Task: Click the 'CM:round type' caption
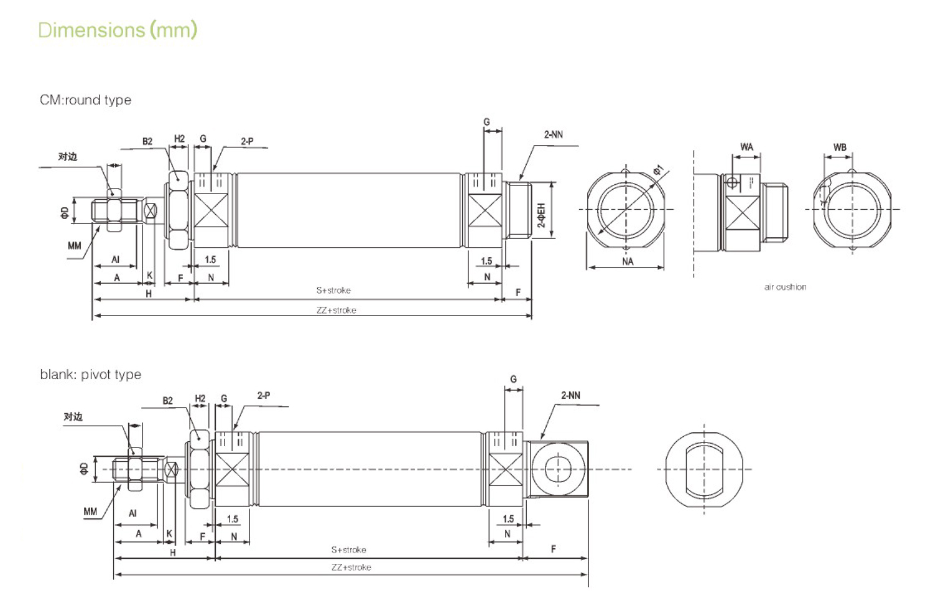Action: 85,100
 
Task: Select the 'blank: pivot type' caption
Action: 90,375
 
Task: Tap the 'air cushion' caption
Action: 785,287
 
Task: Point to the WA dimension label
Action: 746,147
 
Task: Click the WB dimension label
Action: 840,147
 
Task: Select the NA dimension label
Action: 628,262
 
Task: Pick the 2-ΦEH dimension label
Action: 541,215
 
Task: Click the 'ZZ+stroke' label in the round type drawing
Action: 336,311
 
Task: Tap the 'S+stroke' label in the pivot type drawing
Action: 348,550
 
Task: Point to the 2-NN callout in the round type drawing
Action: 553,134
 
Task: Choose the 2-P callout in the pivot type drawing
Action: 264,395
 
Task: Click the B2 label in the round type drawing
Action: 147,142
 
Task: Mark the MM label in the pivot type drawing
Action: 90,512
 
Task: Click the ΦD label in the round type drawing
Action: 65,213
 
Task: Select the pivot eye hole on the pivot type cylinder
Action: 558,469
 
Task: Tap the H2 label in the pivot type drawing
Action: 200,398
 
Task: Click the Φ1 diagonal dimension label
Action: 659,170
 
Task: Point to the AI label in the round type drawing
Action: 115,260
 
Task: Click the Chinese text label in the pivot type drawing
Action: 73,417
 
